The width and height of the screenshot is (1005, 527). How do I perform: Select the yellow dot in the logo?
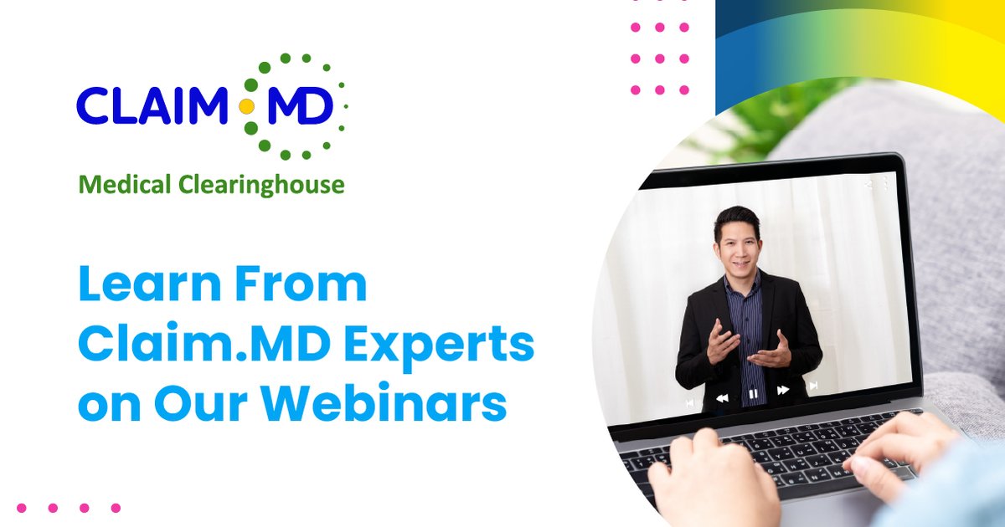tap(246, 107)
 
